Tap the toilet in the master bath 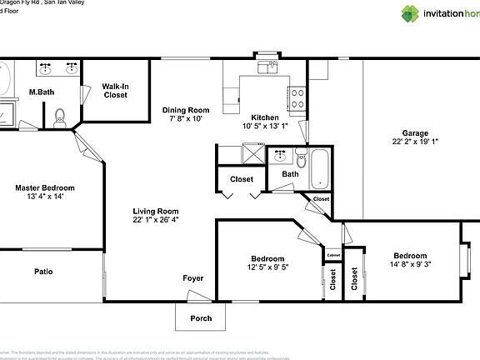(59, 118)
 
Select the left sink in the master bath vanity (44, 66)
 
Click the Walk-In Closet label (115, 90)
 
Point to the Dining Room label (185, 110)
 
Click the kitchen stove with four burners (297, 96)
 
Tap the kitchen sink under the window (267, 67)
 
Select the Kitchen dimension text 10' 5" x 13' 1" (265, 127)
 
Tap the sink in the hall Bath (280, 155)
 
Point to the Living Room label (156, 211)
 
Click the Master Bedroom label (45, 187)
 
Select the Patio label (44, 271)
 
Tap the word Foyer (193, 277)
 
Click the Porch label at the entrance (201, 317)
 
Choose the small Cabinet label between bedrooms (333, 255)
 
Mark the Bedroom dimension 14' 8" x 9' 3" (410, 265)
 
